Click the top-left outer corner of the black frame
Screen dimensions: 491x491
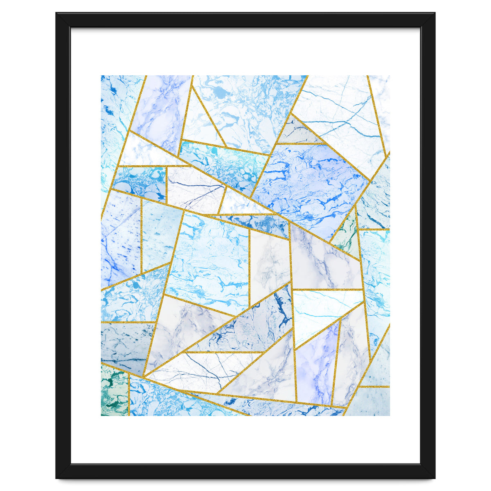(56, 13)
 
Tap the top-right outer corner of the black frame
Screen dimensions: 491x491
(435, 13)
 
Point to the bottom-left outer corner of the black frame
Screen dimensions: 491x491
(56, 478)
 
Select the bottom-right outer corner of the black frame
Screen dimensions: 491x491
(435, 478)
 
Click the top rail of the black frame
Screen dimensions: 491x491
(245, 20)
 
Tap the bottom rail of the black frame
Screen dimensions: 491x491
(245, 471)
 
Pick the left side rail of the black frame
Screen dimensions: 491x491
(63, 245)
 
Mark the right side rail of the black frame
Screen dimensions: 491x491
(428, 245)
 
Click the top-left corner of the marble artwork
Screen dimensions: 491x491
(101, 76)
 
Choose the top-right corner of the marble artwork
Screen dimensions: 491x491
(390, 76)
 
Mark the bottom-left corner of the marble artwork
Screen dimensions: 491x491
(101, 415)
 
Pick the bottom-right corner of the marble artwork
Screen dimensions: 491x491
(390, 415)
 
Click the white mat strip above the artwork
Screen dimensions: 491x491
(245, 51)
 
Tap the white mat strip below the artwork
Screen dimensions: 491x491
(245, 440)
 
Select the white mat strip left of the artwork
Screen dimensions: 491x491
(86, 245)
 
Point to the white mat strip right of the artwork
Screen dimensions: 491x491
(405, 245)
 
